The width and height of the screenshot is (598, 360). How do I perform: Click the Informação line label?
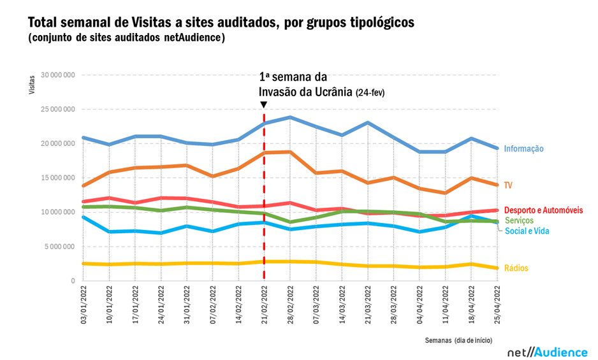523,149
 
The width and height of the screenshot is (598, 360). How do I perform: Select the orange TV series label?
508,185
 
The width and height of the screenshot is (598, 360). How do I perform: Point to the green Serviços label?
519,220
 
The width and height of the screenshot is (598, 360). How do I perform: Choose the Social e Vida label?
526,231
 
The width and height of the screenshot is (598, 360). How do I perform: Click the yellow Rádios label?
516,268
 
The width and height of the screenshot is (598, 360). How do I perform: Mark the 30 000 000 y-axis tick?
57,75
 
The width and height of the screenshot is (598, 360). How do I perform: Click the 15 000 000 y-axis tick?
57,178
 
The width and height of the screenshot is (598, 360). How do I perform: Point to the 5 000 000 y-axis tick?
59,247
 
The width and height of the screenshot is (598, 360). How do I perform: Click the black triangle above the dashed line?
263,104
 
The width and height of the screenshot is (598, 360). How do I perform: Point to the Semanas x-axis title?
440,340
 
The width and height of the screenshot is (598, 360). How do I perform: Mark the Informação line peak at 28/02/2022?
290,117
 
